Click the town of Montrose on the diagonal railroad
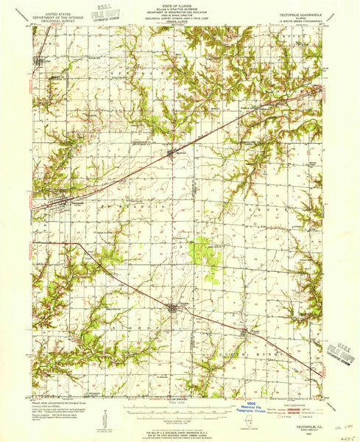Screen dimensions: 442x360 click(171, 154)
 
